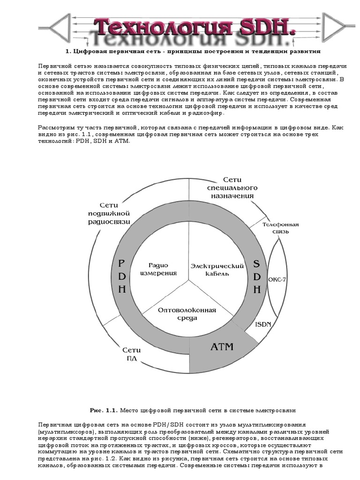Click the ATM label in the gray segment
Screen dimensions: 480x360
222,347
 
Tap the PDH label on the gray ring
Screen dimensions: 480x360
121,276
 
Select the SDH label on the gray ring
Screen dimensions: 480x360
256,276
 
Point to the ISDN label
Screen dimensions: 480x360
263,324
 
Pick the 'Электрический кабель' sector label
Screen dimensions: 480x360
217,270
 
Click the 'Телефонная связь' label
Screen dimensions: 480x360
280,228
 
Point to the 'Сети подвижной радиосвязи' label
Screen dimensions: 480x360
109,213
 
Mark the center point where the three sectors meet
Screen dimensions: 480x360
189,281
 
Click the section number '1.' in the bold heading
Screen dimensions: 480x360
67,51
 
